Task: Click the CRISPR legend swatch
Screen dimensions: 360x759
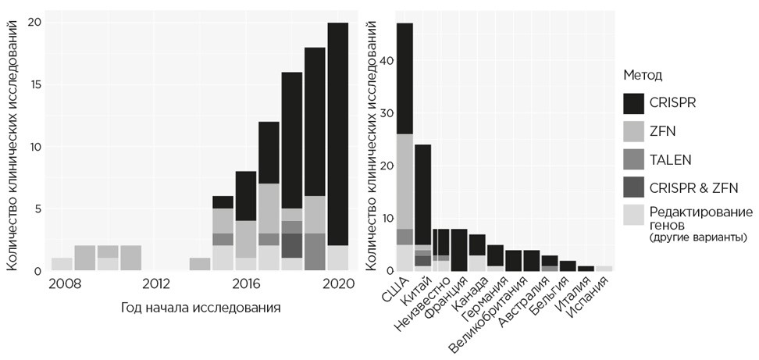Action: pyautogui.click(x=638, y=103)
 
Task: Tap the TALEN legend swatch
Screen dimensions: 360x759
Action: pyautogui.click(x=638, y=159)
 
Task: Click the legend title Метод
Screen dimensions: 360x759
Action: pyautogui.click(x=643, y=75)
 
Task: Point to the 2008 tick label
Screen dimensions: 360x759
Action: pyautogui.click(x=64, y=283)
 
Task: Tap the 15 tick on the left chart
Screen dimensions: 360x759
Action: pyautogui.click(x=33, y=84)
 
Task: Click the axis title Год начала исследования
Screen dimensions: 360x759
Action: pyautogui.click(x=201, y=308)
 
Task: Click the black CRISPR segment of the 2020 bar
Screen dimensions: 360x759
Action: pyautogui.click(x=338, y=133)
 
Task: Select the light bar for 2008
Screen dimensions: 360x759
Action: pyautogui.click(x=62, y=264)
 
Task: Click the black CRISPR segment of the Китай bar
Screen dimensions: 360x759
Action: pyautogui.click(x=422, y=195)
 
